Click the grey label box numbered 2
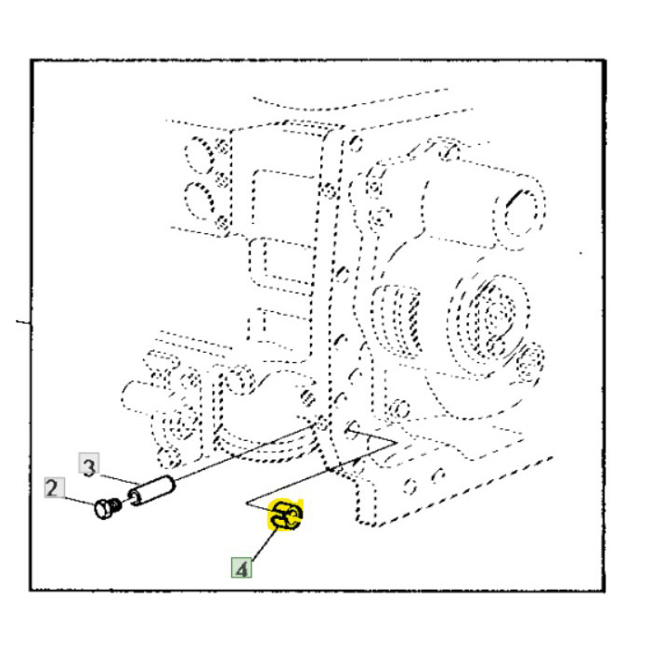pyautogui.click(x=53, y=487)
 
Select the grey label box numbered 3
pyautogui.click(x=87, y=466)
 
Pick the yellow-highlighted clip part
pyautogui.click(x=288, y=514)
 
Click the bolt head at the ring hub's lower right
pyautogui.click(x=530, y=357)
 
